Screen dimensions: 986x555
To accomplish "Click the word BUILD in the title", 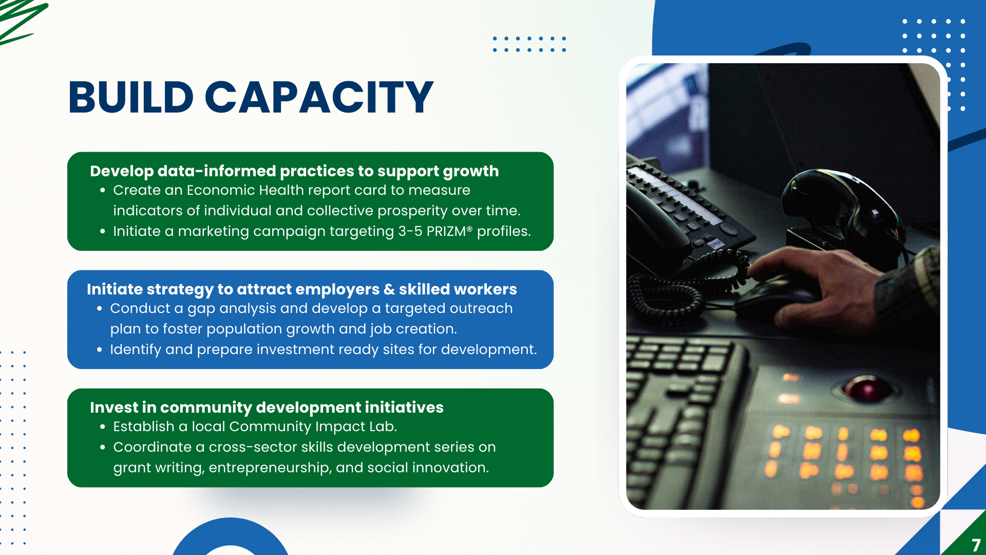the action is coord(131,97).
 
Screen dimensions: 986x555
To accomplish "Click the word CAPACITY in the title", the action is coord(319,97).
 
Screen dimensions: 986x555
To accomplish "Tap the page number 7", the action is coord(976,545).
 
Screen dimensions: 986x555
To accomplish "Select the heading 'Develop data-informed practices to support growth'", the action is coord(294,171).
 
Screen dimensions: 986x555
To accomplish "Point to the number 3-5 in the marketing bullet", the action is coord(410,231).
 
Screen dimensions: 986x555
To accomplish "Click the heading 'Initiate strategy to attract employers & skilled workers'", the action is coord(302,289).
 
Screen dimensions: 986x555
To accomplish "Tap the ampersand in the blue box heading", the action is coord(390,289).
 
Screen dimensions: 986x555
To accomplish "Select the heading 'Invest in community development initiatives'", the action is coord(267,408).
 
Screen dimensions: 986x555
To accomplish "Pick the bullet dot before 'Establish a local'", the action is coord(103,427).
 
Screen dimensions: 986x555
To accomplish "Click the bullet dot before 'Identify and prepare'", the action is coord(100,349).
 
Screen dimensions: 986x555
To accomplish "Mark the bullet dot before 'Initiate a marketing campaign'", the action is coord(103,232).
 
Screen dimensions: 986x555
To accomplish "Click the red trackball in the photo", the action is coord(867,388).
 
